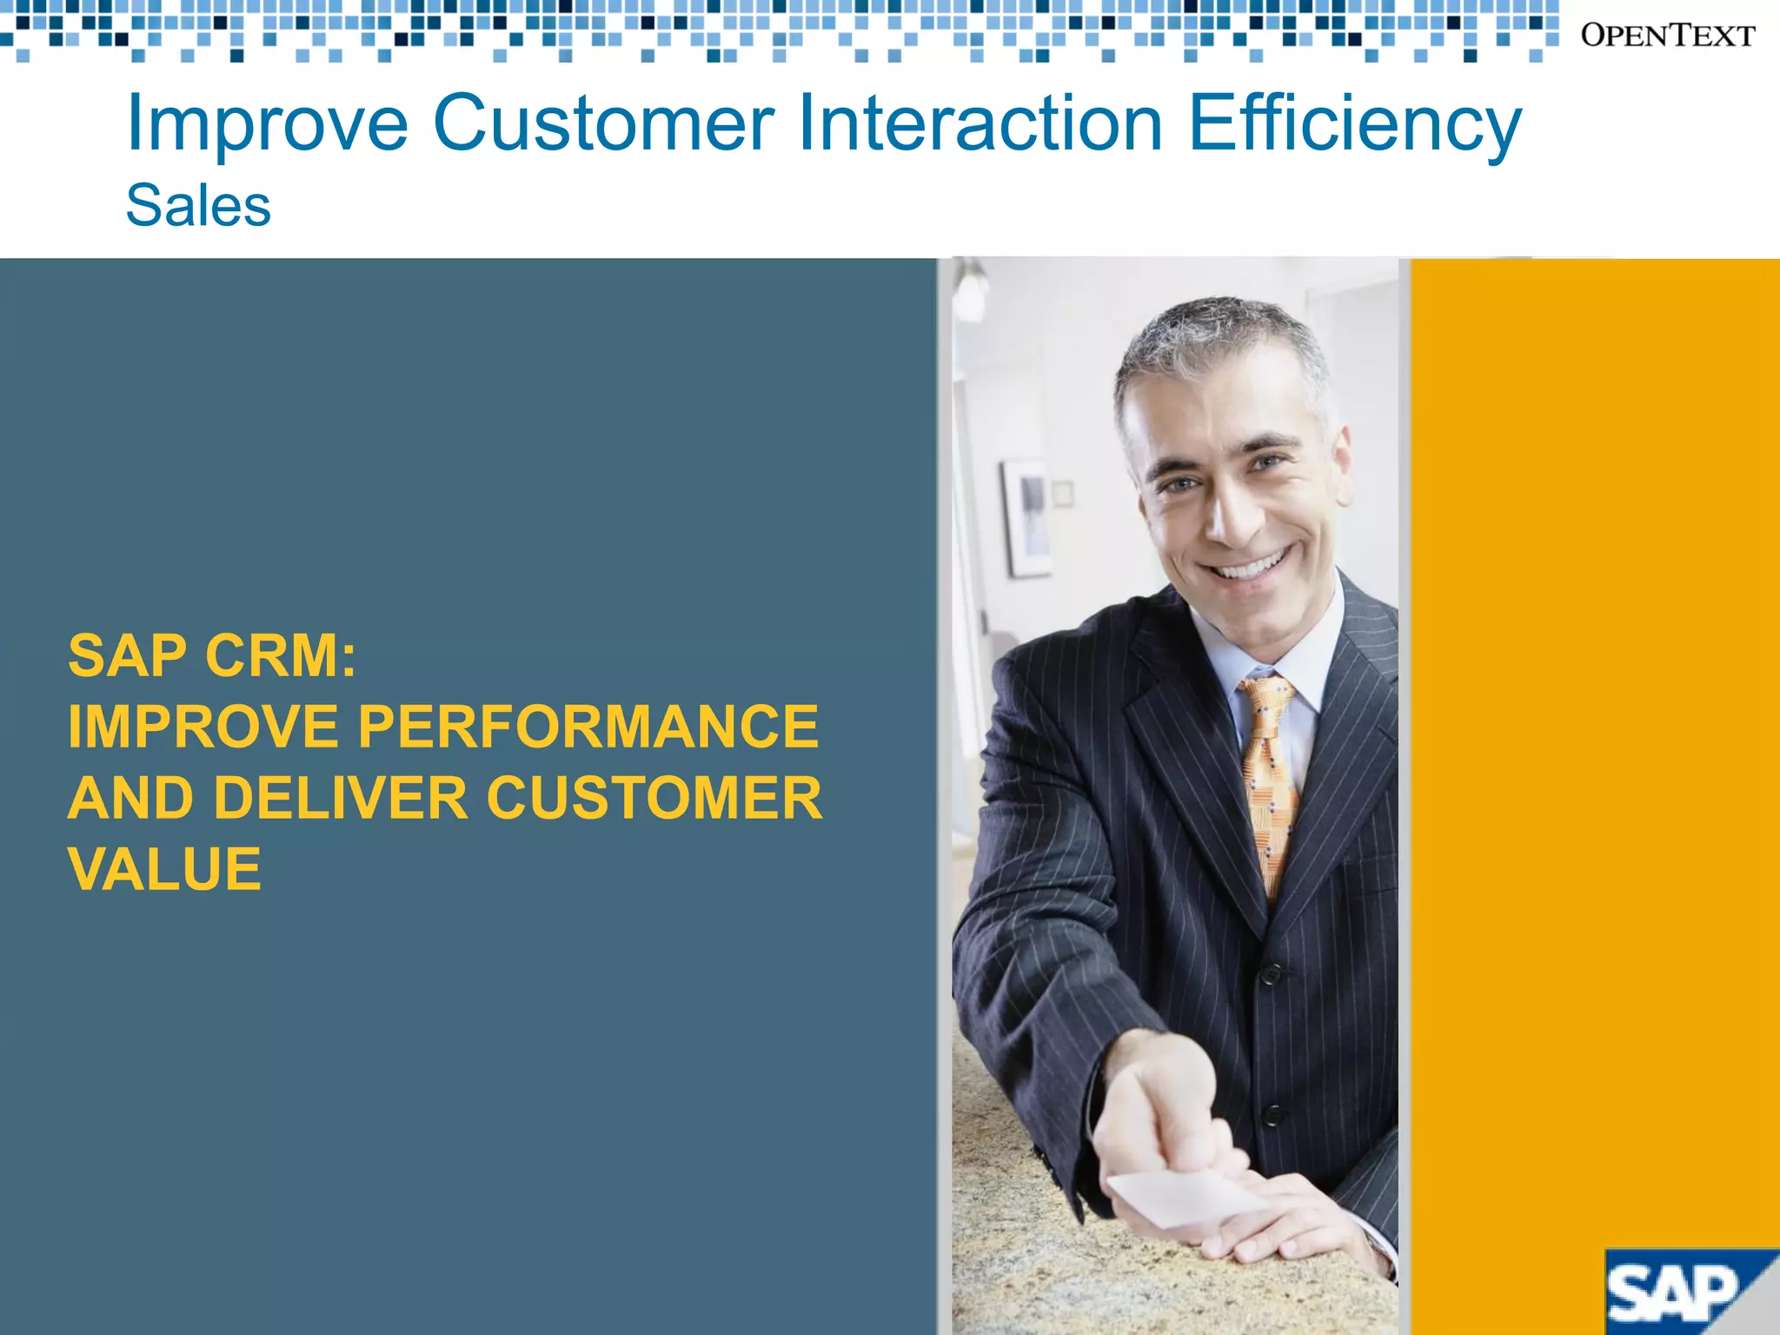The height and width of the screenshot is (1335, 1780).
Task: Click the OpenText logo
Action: pos(1667,36)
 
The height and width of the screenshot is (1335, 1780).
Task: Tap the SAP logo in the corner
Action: pos(1677,1292)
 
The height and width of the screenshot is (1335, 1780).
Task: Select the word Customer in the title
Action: pos(603,123)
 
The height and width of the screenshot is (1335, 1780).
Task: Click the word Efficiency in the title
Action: pos(1354,123)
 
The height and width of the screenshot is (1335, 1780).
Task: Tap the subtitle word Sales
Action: pos(198,206)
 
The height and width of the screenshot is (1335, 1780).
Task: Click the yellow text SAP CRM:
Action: pos(212,655)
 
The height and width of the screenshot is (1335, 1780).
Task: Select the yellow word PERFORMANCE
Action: pos(588,727)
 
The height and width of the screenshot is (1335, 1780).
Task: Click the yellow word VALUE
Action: pos(164,869)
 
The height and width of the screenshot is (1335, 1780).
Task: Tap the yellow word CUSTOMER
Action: pos(654,798)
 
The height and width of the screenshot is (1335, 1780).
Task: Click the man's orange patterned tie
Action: pos(1267,774)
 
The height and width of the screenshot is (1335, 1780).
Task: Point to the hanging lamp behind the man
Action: pos(970,292)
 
